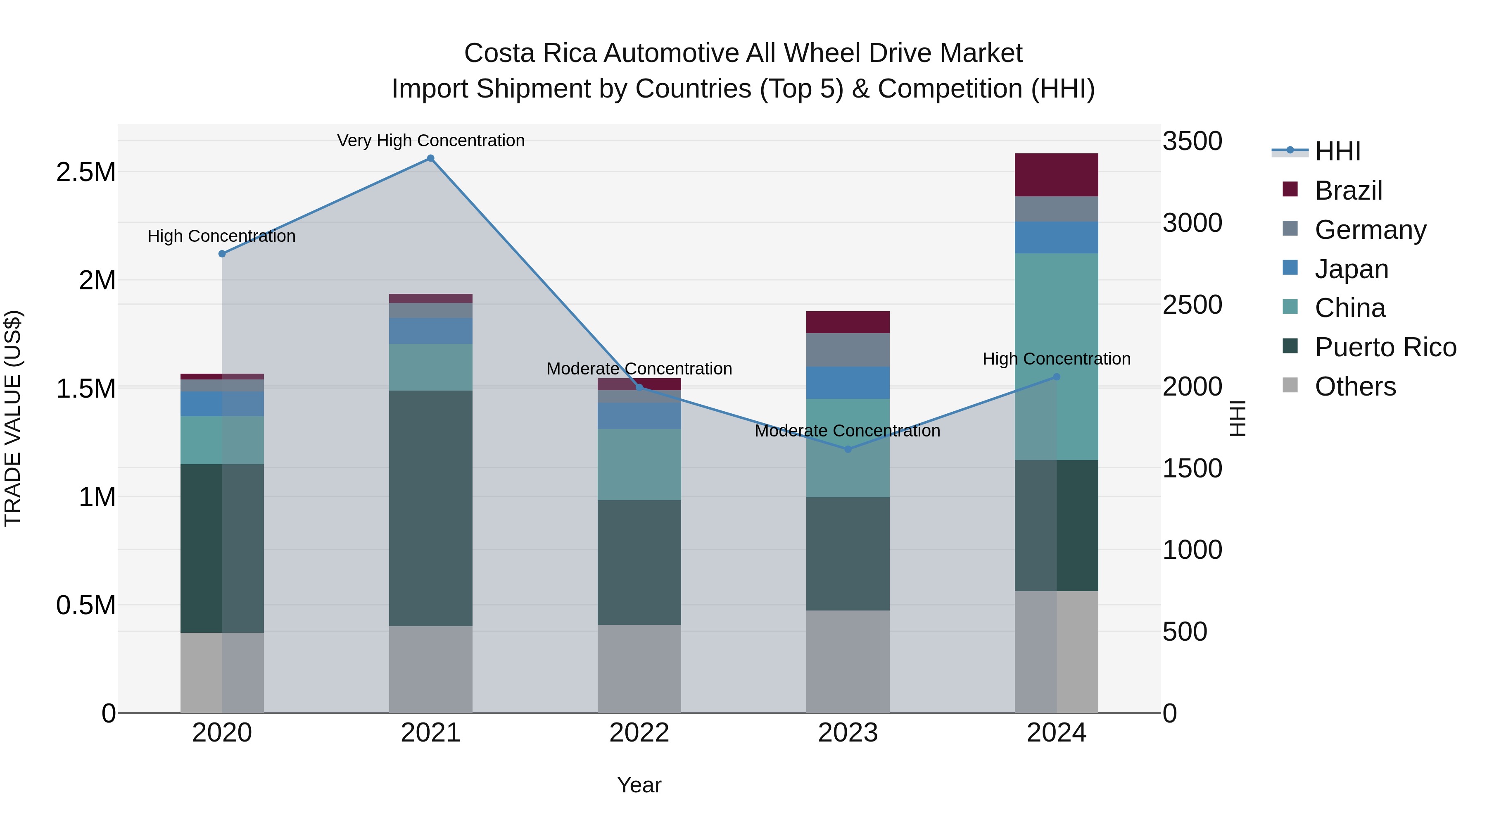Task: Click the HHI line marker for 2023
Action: coord(848,449)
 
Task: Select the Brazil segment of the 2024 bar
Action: coord(1056,175)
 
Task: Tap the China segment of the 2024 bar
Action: coord(1056,356)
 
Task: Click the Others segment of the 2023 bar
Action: coord(848,661)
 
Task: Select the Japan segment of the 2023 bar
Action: coord(848,382)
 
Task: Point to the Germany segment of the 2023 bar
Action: coord(848,349)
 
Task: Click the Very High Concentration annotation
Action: coord(431,141)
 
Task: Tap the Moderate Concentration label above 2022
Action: coord(639,369)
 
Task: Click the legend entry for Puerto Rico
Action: coord(1385,347)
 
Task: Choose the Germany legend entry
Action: coord(1370,230)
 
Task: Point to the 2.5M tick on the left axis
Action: coord(86,172)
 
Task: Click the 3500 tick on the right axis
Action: coord(1192,141)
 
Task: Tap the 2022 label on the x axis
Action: coord(639,733)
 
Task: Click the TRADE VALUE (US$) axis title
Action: coord(13,418)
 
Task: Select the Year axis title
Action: coord(639,785)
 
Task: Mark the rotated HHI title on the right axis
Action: coord(1238,418)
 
